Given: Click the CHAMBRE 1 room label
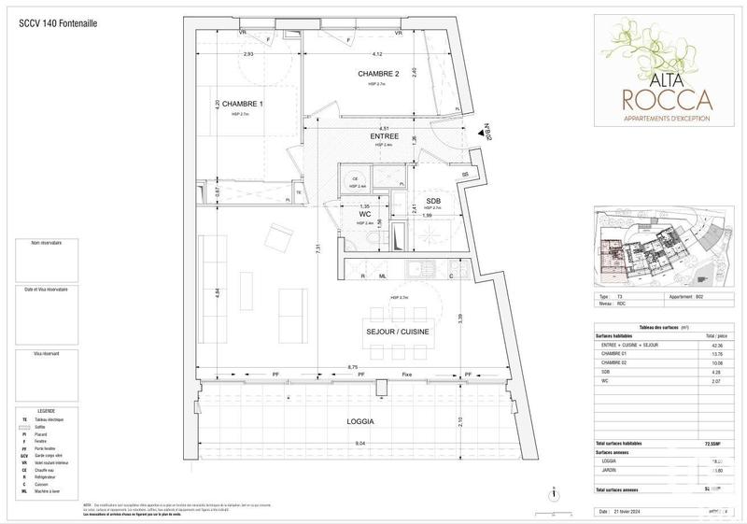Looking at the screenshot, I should pos(230,104).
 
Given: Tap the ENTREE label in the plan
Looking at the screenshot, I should pos(384,135).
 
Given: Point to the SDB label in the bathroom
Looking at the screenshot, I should pos(433,201).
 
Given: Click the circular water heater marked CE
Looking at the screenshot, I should pos(355,179).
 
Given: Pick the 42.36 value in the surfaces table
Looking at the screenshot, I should pos(717,346).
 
